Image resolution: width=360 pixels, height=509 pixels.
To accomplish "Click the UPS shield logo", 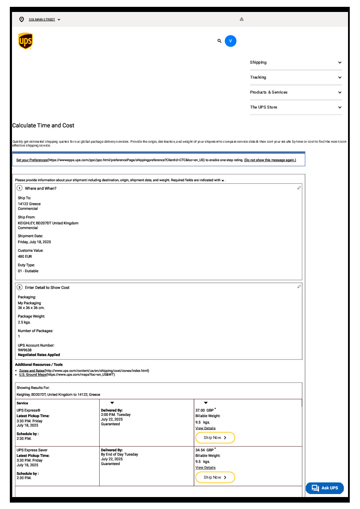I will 25,41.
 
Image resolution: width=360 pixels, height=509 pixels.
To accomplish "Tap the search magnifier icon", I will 219,41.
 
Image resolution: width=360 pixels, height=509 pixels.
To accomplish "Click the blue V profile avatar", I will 230,41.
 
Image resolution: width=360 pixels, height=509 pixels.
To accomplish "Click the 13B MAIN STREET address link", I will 42,20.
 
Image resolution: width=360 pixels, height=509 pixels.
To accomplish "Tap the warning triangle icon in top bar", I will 242,19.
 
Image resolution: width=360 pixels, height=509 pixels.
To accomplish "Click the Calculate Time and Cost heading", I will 43,126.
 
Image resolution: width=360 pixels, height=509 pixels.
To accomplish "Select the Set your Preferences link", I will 32,160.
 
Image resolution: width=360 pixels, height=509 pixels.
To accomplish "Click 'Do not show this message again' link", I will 270,160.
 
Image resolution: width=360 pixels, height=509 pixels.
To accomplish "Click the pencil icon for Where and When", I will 299,188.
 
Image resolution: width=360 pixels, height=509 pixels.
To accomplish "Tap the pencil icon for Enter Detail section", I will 299,287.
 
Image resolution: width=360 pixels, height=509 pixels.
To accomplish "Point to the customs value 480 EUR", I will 25,256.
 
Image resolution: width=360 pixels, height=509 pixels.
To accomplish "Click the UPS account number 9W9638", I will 25,350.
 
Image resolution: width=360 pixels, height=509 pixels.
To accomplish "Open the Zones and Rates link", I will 32,371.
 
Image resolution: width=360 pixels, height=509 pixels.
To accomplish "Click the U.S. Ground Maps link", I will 32,375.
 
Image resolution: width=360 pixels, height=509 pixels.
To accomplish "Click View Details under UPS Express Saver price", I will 205,468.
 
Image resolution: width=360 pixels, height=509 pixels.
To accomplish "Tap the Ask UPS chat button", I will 325,488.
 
